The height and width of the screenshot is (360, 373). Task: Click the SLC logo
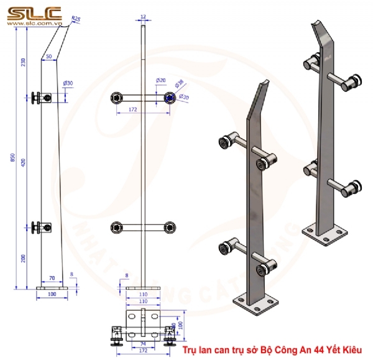pyautogui.click(x=34, y=12)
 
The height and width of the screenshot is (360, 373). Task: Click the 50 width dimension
pyautogui.click(x=49, y=57)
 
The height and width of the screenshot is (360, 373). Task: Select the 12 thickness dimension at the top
pyautogui.click(x=144, y=17)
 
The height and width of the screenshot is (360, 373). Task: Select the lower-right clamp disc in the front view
pyautogui.click(x=169, y=228)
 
